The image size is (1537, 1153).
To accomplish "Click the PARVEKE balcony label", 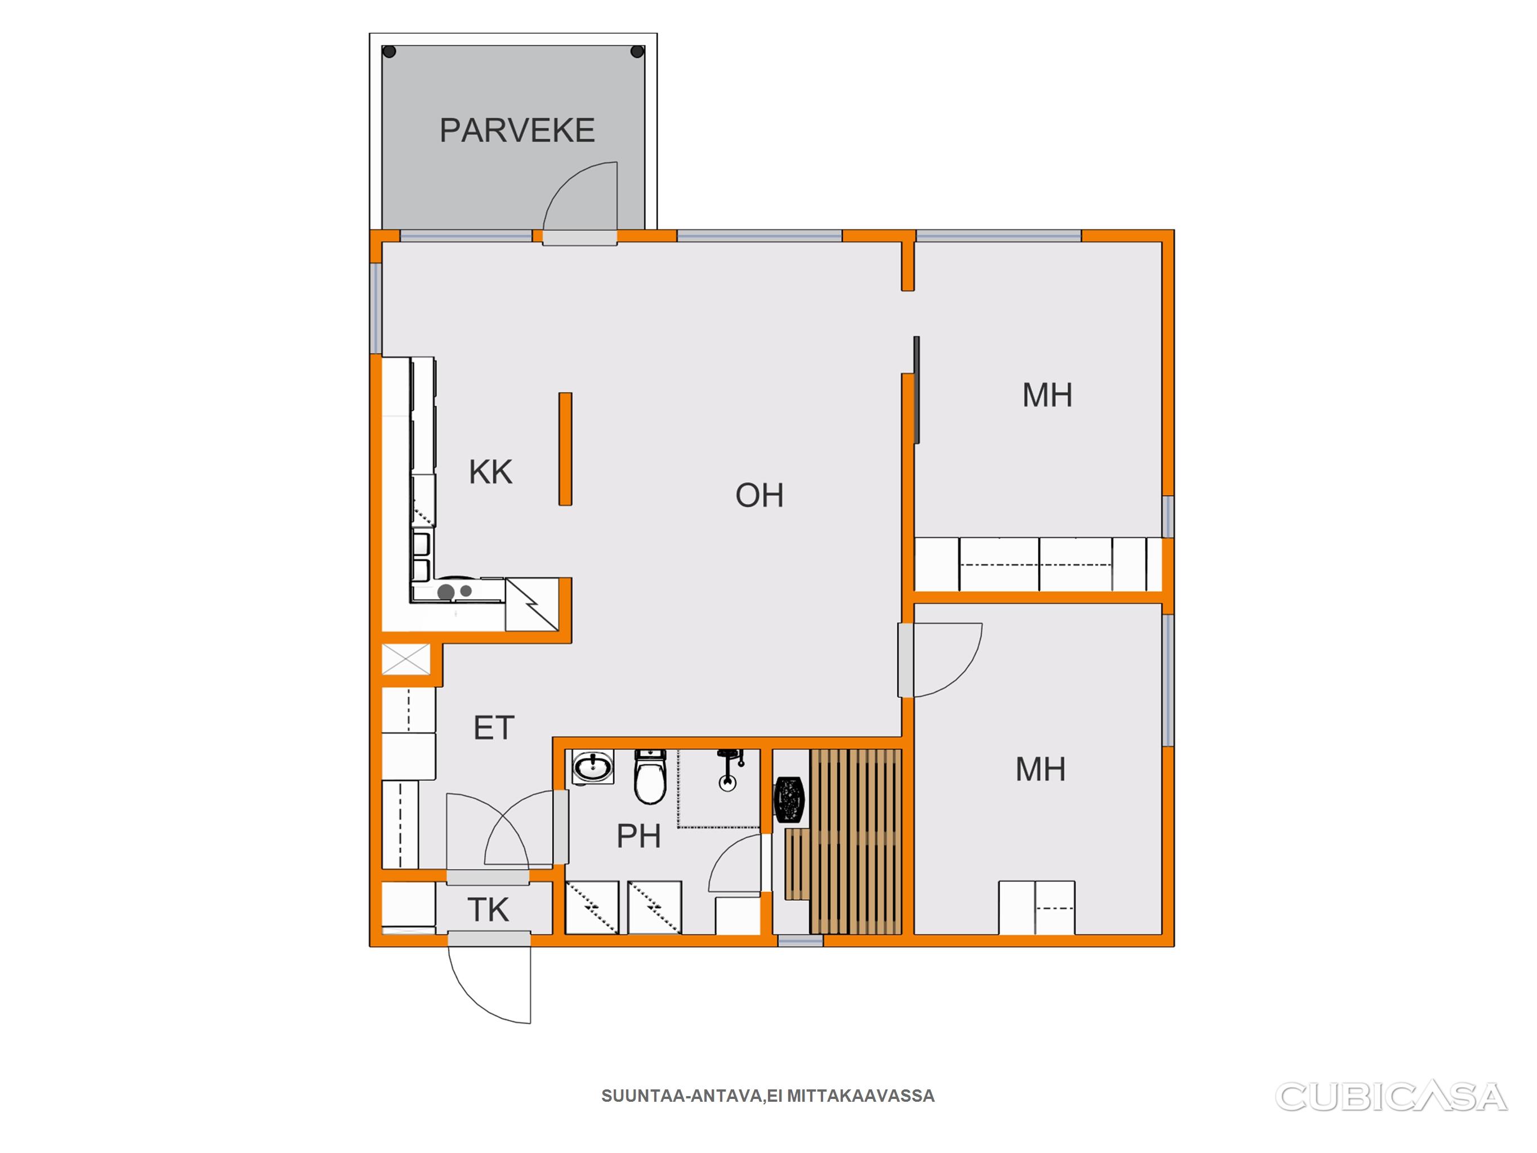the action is pyautogui.click(x=517, y=131).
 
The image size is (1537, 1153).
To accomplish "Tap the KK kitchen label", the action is pyautogui.click(x=490, y=472).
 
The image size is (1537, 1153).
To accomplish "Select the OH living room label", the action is pyautogui.click(x=759, y=495).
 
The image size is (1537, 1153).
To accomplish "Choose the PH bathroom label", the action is pyautogui.click(x=638, y=836).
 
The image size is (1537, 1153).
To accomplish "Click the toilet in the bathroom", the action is pyautogui.click(x=650, y=777).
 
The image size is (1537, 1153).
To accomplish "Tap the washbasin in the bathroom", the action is pyautogui.click(x=593, y=767).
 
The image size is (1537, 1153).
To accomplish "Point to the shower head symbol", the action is pyautogui.click(x=728, y=770).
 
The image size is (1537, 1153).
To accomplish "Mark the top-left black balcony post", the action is pyautogui.click(x=390, y=51).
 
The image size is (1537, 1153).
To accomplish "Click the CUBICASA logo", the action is pyautogui.click(x=1391, y=1097).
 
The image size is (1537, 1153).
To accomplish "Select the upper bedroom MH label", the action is pyautogui.click(x=1047, y=395).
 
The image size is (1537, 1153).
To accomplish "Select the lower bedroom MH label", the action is pyautogui.click(x=1040, y=770).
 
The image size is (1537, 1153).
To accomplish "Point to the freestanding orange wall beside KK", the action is pyautogui.click(x=566, y=449).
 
